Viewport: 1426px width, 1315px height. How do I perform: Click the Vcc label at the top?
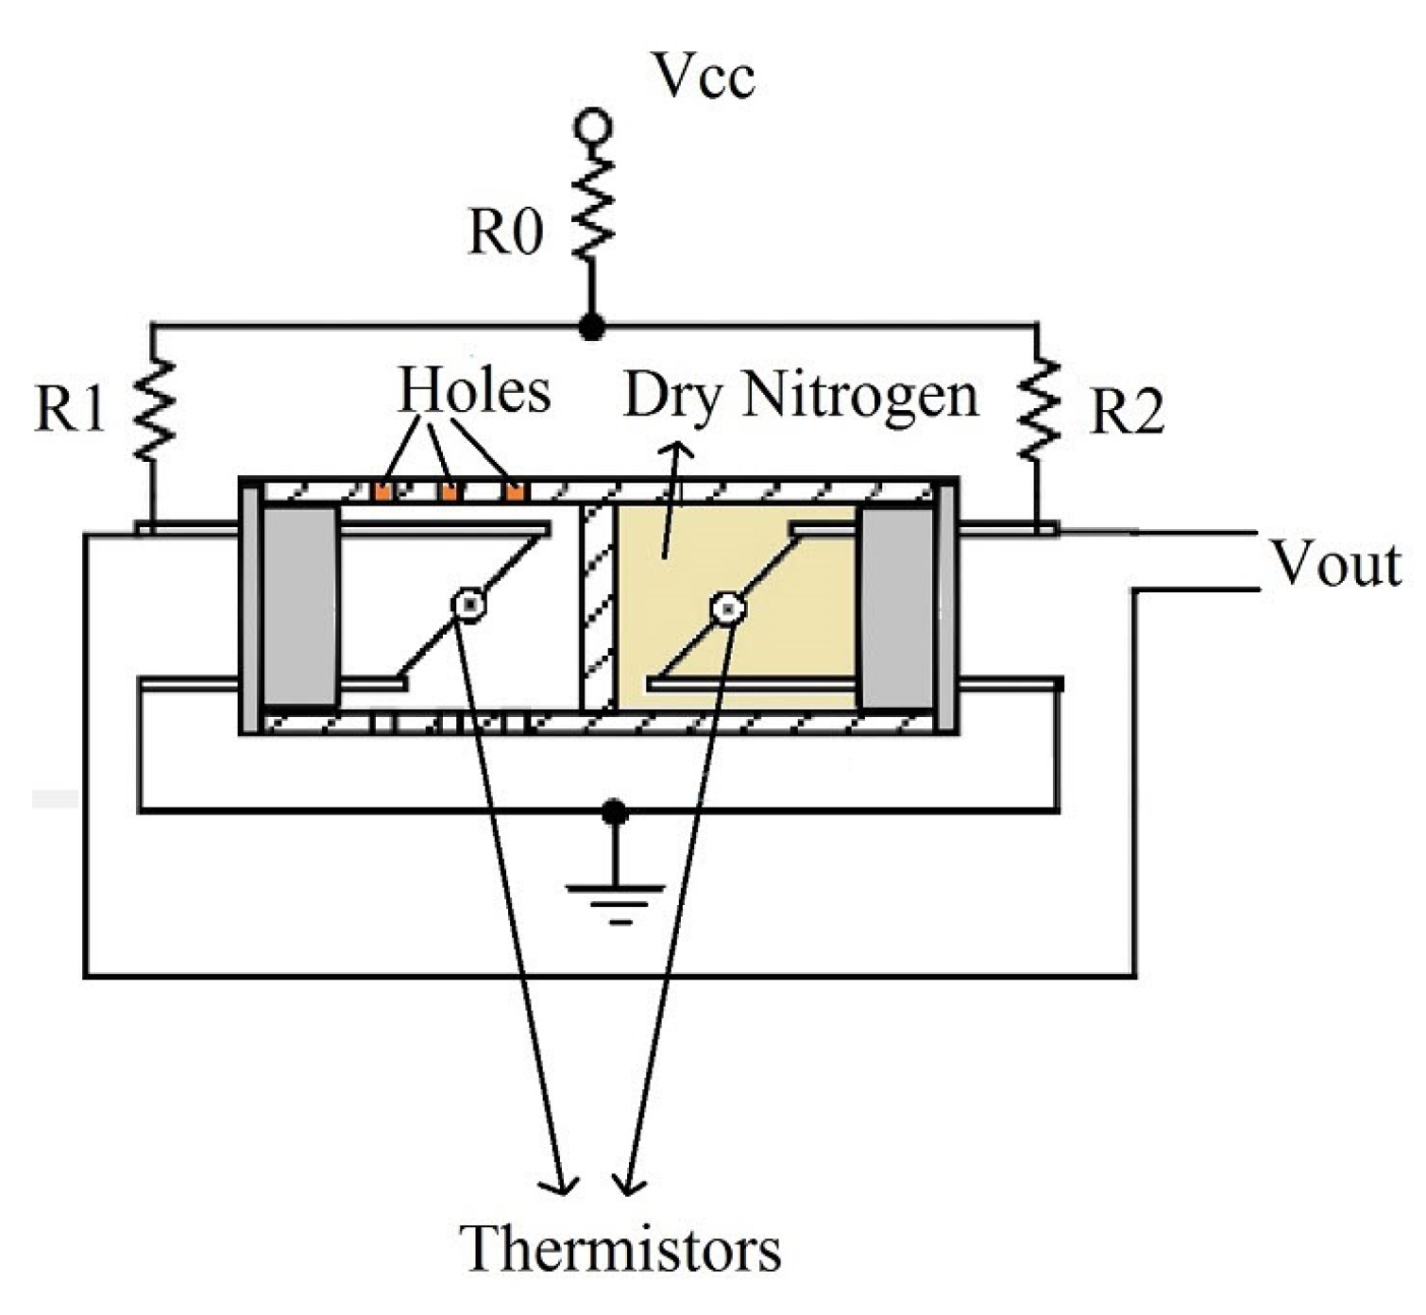click(x=705, y=76)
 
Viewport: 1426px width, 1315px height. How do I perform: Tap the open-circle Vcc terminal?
click(x=594, y=126)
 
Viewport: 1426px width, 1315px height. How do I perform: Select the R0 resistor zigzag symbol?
click(x=594, y=210)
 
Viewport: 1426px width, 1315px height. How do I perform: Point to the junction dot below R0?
click(x=592, y=327)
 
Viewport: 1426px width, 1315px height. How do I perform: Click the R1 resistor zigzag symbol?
click(x=154, y=409)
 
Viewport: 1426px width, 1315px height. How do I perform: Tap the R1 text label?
click(x=69, y=408)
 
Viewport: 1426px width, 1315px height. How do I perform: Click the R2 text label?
click(x=1127, y=412)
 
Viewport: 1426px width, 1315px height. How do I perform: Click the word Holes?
click(x=474, y=390)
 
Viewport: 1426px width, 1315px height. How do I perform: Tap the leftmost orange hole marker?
click(x=382, y=491)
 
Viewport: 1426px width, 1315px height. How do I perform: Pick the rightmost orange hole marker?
click(x=515, y=491)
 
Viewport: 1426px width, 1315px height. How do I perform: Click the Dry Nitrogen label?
click(x=800, y=395)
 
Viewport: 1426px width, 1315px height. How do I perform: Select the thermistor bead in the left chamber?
click(x=469, y=605)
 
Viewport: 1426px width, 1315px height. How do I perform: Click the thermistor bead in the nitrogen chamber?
click(x=727, y=609)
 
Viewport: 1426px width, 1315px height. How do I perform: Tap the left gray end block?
click(x=300, y=606)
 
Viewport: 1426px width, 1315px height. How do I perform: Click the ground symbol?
click(x=616, y=893)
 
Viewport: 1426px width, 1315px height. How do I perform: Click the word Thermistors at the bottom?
click(x=620, y=1248)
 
